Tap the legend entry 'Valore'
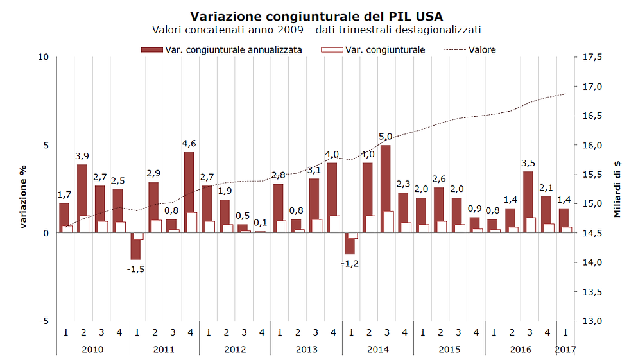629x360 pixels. click(482, 49)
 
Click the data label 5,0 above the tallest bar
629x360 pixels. click(385, 137)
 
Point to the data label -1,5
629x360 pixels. click(135, 269)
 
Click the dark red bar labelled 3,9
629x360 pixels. click(82, 193)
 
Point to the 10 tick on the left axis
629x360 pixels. click(44, 57)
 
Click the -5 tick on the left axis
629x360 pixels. click(43, 321)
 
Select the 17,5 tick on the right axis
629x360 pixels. click(592, 57)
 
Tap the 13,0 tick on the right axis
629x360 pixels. click(592, 321)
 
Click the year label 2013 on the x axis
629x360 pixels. click(306, 349)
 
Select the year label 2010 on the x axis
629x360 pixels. click(92, 349)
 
